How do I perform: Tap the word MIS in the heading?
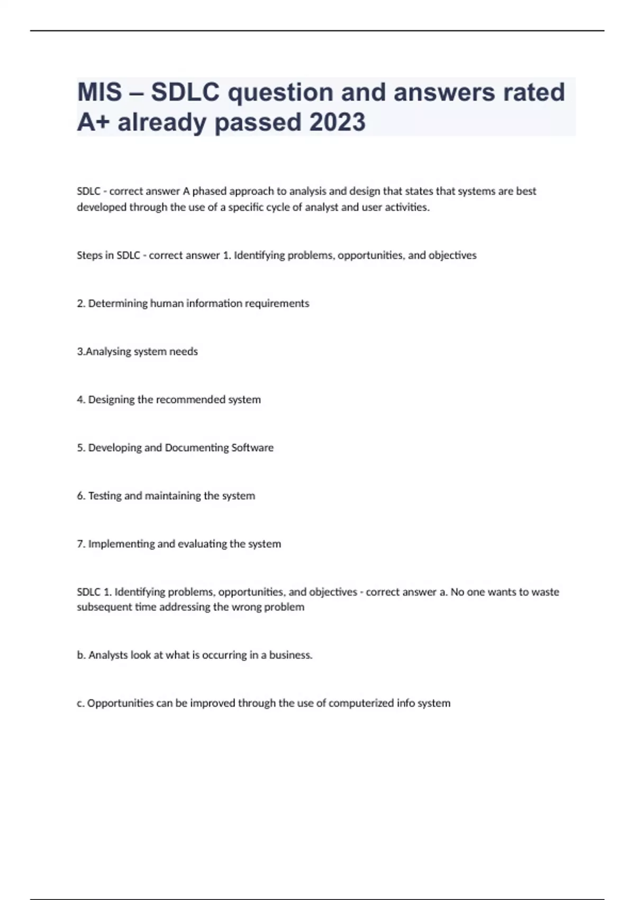(99, 92)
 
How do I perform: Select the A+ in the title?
(93, 122)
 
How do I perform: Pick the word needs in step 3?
(183, 352)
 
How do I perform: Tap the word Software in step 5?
(252, 448)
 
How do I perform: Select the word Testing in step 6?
(105, 496)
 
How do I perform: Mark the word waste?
(545, 592)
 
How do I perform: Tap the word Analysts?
(108, 655)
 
